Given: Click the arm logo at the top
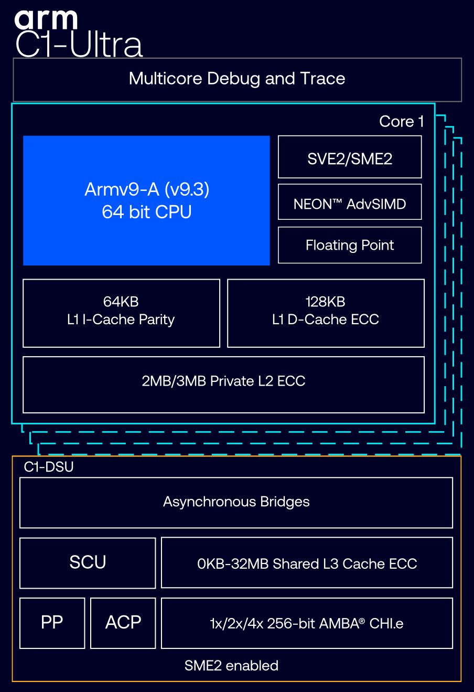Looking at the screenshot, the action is coord(46,19).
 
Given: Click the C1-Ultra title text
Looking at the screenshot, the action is coord(79,44).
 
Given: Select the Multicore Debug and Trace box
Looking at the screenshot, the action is coord(237,79).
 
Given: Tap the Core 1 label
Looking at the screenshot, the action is coord(401,121).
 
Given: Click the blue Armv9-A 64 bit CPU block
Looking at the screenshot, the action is coord(146,200).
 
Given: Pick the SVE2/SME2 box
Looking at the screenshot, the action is coord(350,157).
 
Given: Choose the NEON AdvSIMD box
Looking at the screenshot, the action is coord(350,202).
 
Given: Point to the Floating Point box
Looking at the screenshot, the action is coord(350,245).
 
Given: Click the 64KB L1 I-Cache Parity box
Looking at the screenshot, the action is coord(121,313).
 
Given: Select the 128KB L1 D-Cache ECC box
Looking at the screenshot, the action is coord(326,313).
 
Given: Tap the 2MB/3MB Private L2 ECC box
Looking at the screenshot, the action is coord(223,385).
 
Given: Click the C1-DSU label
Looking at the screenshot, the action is coord(49,467).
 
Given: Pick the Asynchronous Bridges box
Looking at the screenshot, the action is coord(236,503).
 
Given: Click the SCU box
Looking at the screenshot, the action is coord(88,563).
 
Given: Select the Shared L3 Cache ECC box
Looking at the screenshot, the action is coord(307,562).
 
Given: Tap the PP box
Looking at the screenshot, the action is coord(52,623).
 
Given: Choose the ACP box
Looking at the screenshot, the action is coord(123,623).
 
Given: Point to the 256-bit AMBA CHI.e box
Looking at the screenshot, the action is coord(307,623).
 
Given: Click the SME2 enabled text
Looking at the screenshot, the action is coord(231,665).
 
